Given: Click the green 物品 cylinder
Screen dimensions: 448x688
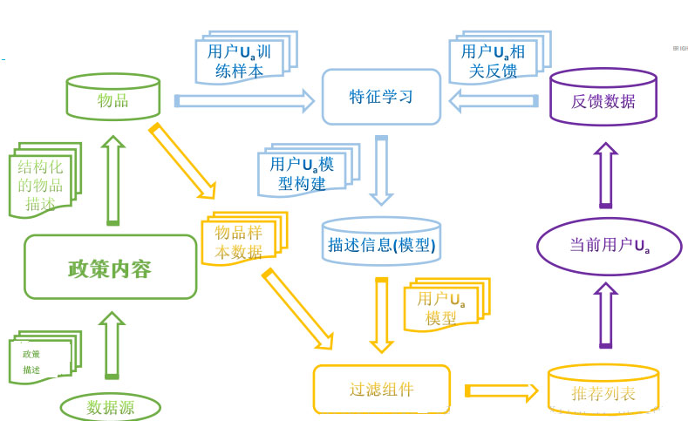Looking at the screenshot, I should [x=112, y=98].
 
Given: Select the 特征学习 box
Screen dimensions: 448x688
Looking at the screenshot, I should [x=381, y=97].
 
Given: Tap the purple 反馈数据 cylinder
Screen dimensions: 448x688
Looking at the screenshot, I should [x=603, y=99].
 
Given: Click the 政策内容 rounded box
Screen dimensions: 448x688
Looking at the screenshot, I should [x=110, y=268].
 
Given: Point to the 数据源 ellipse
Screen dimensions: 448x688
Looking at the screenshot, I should [x=110, y=407].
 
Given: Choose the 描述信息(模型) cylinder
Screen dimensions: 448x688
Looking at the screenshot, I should [x=381, y=241].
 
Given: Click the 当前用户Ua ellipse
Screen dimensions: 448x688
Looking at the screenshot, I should [x=610, y=245].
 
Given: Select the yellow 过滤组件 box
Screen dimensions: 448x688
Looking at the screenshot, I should [x=381, y=389].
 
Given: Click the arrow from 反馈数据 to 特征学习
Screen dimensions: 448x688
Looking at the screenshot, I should [x=493, y=102].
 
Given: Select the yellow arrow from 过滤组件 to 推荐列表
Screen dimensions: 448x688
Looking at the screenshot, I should [x=501, y=390].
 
